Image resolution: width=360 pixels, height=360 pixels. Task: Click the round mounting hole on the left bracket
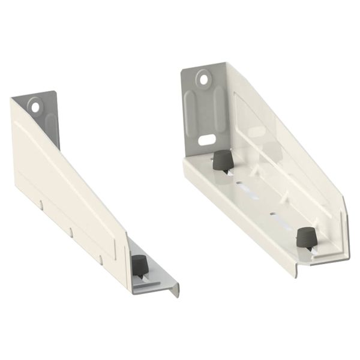coord(35,107)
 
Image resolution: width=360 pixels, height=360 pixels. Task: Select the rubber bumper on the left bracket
coord(139,263)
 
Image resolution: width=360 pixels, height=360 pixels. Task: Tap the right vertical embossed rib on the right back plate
coord(218,111)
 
